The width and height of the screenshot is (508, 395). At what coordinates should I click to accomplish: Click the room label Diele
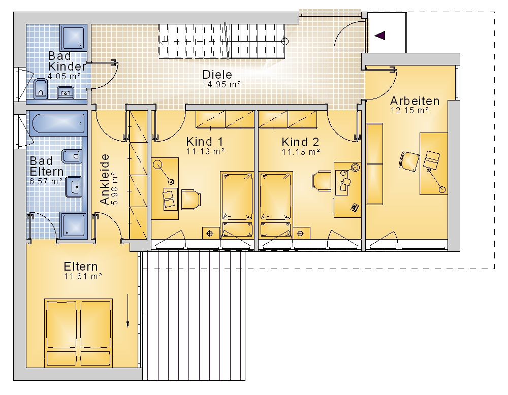217,75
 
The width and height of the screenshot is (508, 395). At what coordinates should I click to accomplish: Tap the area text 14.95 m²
221,84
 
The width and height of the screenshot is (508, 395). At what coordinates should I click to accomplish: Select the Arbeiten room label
415,101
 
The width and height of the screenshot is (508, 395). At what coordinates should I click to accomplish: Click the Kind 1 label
204,142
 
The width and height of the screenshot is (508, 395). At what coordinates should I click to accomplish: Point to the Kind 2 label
300,142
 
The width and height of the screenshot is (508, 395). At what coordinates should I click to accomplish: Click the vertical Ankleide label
104,179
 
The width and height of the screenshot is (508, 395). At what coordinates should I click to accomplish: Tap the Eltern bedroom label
81,267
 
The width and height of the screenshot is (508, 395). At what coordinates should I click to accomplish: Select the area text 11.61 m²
83,277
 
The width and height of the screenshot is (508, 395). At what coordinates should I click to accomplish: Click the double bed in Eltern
78,333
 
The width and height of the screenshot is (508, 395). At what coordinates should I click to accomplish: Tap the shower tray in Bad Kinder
74,38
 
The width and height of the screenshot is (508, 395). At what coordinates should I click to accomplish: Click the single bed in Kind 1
237,204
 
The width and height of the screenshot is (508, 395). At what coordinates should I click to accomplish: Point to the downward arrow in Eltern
128,310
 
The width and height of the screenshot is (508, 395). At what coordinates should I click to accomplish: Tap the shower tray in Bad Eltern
73,225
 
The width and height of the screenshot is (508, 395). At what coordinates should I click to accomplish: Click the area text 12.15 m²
409,110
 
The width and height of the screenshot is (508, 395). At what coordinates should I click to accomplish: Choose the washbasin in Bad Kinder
66,92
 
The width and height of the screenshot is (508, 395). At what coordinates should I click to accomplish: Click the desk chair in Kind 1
191,200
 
